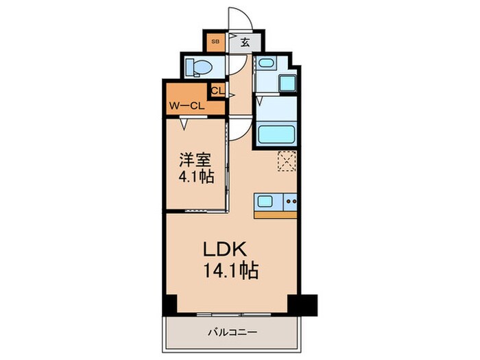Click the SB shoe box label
pyautogui.click(x=215, y=42)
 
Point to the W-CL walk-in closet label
pyautogui.click(x=186, y=106)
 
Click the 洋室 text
pyautogui.click(x=195, y=160)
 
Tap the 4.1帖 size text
pyautogui.click(x=195, y=177)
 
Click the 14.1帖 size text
pyautogui.click(x=230, y=271)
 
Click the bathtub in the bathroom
pyautogui.click(x=276, y=134)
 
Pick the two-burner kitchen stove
pyautogui.click(x=289, y=202)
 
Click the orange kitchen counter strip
pyautogui.click(x=275, y=215)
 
